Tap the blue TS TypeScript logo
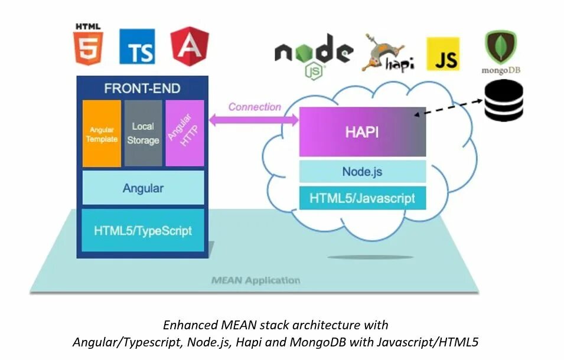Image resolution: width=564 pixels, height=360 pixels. click(138, 47)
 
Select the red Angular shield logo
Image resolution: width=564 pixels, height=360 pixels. click(190, 46)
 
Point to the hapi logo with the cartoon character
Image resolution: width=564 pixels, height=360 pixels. click(388, 53)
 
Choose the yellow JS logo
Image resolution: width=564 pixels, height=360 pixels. click(443, 54)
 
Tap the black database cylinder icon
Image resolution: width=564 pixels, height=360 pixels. click(504, 100)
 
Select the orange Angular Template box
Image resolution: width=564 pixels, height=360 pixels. click(102, 133)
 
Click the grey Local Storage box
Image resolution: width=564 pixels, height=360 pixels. click(143, 133)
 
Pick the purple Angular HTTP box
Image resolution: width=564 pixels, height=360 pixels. click(185, 133)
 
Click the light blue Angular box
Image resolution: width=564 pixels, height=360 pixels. click(143, 188)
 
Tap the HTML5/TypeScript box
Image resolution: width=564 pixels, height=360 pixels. click(143, 230)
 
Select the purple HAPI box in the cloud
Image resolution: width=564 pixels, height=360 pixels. click(363, 132)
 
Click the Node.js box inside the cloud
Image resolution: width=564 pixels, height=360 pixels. click(363, 171)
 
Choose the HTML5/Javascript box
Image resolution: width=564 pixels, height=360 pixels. click(363, 198)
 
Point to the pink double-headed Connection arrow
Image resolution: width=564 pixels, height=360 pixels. click(254, 120)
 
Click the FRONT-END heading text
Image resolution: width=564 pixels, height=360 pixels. click(142, 89)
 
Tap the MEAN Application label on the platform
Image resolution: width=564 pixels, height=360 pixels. click(256, 280)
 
